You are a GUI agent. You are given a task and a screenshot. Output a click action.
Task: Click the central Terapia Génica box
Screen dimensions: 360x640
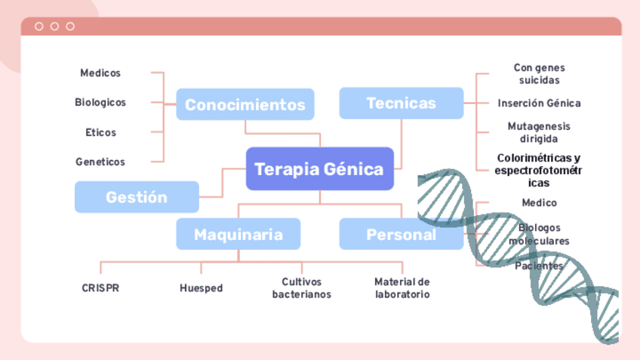(319, 168)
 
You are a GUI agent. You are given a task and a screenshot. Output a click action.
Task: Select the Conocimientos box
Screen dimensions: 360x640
(245, 104)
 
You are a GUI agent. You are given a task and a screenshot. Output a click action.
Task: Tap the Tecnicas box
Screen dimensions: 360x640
(401, 103)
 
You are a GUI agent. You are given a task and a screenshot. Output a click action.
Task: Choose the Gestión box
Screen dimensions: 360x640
(137, 197)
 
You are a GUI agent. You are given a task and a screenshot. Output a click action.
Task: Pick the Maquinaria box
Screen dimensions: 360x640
(238, 234)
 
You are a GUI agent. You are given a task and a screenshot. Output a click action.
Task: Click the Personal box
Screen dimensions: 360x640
(401, 234)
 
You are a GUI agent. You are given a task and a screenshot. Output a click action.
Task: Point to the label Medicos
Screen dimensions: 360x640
(100, 73)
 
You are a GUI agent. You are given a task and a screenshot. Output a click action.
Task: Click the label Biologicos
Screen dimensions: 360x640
(100, 102)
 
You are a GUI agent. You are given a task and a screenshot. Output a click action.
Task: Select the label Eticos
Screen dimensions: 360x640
(100, 132)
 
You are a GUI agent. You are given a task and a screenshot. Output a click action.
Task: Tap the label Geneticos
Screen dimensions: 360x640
(100, 162)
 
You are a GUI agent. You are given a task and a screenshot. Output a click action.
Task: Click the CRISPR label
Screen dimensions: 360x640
(100, 288)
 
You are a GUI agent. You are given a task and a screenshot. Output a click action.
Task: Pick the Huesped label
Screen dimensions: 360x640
(201, 288)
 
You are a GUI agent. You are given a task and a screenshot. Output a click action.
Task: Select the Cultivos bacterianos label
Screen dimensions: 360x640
(301, 288)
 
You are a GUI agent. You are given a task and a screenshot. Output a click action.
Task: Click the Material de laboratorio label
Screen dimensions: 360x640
(402, 288)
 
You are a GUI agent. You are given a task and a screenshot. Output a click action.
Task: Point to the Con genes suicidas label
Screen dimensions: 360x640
(539, 73)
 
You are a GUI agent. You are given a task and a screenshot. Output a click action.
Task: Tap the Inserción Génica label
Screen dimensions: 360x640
(539, 103)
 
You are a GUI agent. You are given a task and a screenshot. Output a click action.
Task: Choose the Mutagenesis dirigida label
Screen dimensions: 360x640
(539, 132)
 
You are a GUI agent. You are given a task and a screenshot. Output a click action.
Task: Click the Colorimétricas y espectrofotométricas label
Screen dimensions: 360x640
(538, 170)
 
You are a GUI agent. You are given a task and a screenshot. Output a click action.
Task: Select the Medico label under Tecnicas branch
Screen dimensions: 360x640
(539, 202)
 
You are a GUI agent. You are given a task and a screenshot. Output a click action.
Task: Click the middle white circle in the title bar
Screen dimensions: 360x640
(54, 26)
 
